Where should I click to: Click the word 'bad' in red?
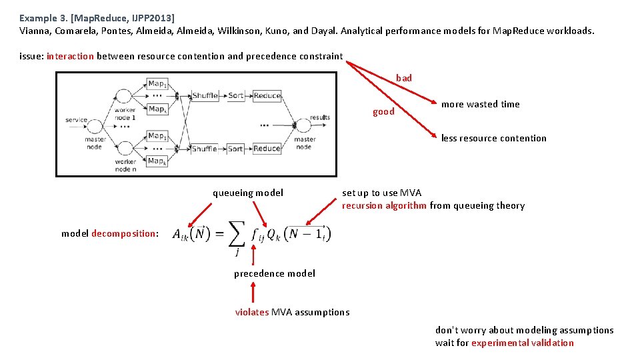[404, 78]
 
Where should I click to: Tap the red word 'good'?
[383, 111]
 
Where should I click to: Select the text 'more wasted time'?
[480, 104]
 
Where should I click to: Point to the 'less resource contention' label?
[493, 138]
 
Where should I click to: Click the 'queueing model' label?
[248, 193]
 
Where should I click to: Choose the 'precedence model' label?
[275, 273]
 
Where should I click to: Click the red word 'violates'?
[252, 312]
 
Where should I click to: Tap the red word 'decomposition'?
[123, 233]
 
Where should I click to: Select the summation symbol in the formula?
[236, 234]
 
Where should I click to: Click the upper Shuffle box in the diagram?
[205, 96]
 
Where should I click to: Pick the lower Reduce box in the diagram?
[267, 149]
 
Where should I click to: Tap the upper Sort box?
[235, 96]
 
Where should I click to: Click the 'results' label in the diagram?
[320, 117]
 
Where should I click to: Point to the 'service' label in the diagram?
[76, 120]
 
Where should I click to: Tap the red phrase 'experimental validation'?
[522, 343]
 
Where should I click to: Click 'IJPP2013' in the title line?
[150, 18]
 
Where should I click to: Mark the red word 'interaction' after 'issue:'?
[70, 56]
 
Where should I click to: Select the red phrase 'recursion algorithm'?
[384, 205]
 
